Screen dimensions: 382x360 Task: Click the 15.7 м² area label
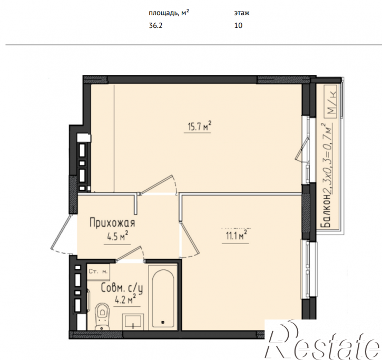[199, 126]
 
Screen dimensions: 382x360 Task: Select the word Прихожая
[112, 223]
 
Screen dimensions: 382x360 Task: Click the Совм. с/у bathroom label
[122, 288]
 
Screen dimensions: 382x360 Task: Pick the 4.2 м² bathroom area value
[125, 299]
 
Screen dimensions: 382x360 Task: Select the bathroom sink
[133, 322]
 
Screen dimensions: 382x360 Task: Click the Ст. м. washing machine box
[98, 272]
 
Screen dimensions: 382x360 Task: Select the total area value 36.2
[155, 25]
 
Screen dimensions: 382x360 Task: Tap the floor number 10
[238, 25]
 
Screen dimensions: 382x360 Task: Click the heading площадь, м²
[169, 13]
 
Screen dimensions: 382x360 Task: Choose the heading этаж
[242, 13]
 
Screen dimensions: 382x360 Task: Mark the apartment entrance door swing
[62, 235]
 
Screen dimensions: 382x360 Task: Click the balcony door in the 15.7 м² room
[302, 149]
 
